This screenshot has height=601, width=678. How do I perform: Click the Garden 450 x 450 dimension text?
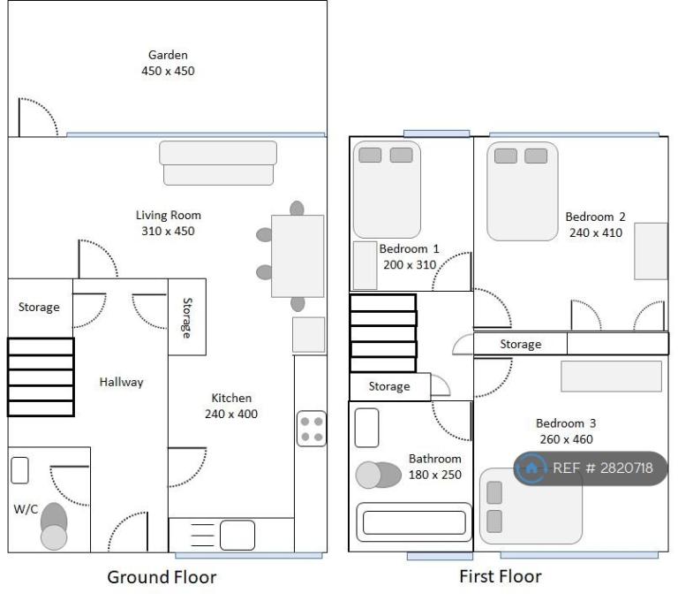[x=168, y=71]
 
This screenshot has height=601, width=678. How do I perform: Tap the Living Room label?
[x=169, y=215]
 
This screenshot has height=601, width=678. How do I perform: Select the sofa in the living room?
[x=218, y=163]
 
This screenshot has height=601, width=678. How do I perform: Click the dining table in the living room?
[x=298, y=256]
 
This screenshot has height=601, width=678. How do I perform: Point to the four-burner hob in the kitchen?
[x=312, y=429]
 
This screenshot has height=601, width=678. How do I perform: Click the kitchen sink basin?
[x=237, y=536]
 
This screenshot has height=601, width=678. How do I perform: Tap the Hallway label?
[x=121, y=382]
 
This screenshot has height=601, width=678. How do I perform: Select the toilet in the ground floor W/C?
[x=54, y=526]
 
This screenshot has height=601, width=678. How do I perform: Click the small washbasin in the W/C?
[x=19, y=470]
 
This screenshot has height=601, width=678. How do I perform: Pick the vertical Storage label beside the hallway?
[x=187, y=318]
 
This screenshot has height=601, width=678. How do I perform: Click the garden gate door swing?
[x=38, y=117]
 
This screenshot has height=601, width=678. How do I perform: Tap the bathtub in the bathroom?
[x=414, y=522]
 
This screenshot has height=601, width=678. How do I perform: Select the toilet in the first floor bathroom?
[x=378, y=475]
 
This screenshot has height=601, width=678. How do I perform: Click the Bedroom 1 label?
[x=409, y=249]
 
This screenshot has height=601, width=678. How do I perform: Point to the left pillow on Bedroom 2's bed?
[x=506, y=156]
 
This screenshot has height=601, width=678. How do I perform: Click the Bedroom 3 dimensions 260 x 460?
[x=566, y=439]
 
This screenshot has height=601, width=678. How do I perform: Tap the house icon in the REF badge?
[x=531, y=468]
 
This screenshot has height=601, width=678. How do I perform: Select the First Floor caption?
[x=501, y=577]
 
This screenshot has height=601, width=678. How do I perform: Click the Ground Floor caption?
[x=162, y=577]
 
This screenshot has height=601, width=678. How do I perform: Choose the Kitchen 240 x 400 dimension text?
[x=231, y=414]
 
